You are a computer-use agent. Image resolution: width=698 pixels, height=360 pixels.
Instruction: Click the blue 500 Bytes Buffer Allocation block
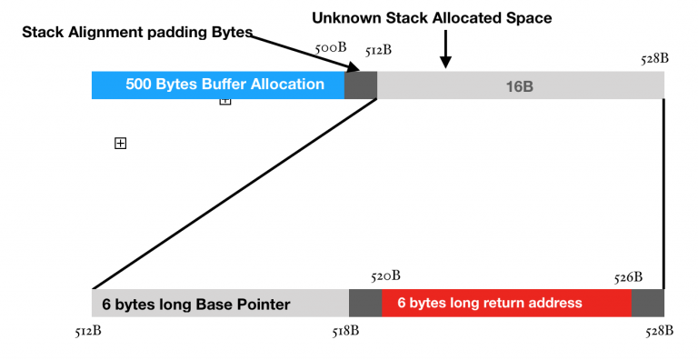pyautogui.click(x=218, y=85)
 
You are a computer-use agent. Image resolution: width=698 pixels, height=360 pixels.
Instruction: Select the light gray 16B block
pyautogui.click(x=520, y=85)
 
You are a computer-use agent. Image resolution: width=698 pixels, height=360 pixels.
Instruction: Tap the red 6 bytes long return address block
pyautogui.click(x=506, y=303)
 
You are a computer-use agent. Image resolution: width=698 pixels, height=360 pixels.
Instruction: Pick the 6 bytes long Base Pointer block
pyautogui.click(x=220, y=304)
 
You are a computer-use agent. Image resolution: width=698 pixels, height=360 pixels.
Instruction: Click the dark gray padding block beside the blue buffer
pyautogui.click(x=361, y=85)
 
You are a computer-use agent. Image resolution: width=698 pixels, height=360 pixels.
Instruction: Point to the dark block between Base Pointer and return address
pyautogui.click(x=365, y=303)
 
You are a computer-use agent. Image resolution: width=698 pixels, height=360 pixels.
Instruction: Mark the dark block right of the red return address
pyautogui.click(x=648, y=303)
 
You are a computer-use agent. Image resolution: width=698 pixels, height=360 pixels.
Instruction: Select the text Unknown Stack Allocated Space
pyautogui.click(x=432, y=17)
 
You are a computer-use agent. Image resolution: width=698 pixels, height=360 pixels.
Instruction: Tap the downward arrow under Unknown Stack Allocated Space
pyautogui.click(x=445, y=50)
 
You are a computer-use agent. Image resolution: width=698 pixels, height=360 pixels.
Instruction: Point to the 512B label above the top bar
pyautogui.click(x=378, y=50)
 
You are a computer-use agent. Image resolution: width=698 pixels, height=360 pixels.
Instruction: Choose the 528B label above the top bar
pyautogui.click(x=654, y=59)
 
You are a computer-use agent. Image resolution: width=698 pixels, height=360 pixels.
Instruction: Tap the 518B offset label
pyautogui.click(x=346, y=331)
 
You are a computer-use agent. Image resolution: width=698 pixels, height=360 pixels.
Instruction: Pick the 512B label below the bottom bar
pyautogui.click(x=88, y=331)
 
